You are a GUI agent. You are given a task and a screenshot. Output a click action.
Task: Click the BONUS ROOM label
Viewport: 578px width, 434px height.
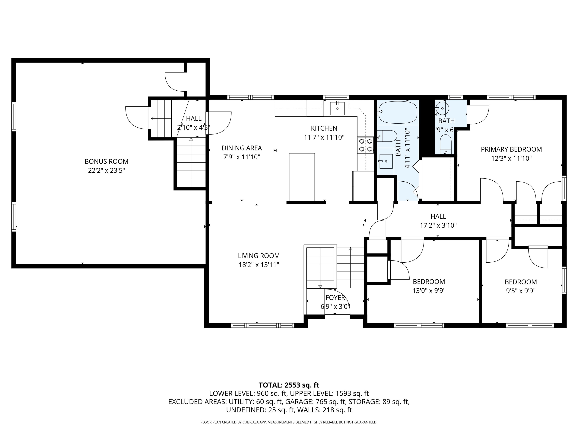(106, 161)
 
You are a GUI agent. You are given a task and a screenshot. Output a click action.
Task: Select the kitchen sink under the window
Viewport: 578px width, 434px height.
(337, 108)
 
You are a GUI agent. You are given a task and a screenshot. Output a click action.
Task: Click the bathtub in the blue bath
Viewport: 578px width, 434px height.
(397, 112)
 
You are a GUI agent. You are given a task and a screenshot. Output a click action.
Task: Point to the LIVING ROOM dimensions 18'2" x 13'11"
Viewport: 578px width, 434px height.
(259, 265)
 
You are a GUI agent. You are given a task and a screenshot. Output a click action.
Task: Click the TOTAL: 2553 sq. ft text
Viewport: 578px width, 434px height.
(289, 385)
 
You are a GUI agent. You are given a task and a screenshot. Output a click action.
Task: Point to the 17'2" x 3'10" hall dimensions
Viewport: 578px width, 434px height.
(438, 225)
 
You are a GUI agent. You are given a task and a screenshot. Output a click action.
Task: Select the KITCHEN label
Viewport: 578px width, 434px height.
(324, 128)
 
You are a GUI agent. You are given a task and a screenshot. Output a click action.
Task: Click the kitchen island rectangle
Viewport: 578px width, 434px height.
(302, 177)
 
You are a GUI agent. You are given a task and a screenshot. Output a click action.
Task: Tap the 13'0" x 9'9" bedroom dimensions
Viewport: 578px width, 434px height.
(429, 291)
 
